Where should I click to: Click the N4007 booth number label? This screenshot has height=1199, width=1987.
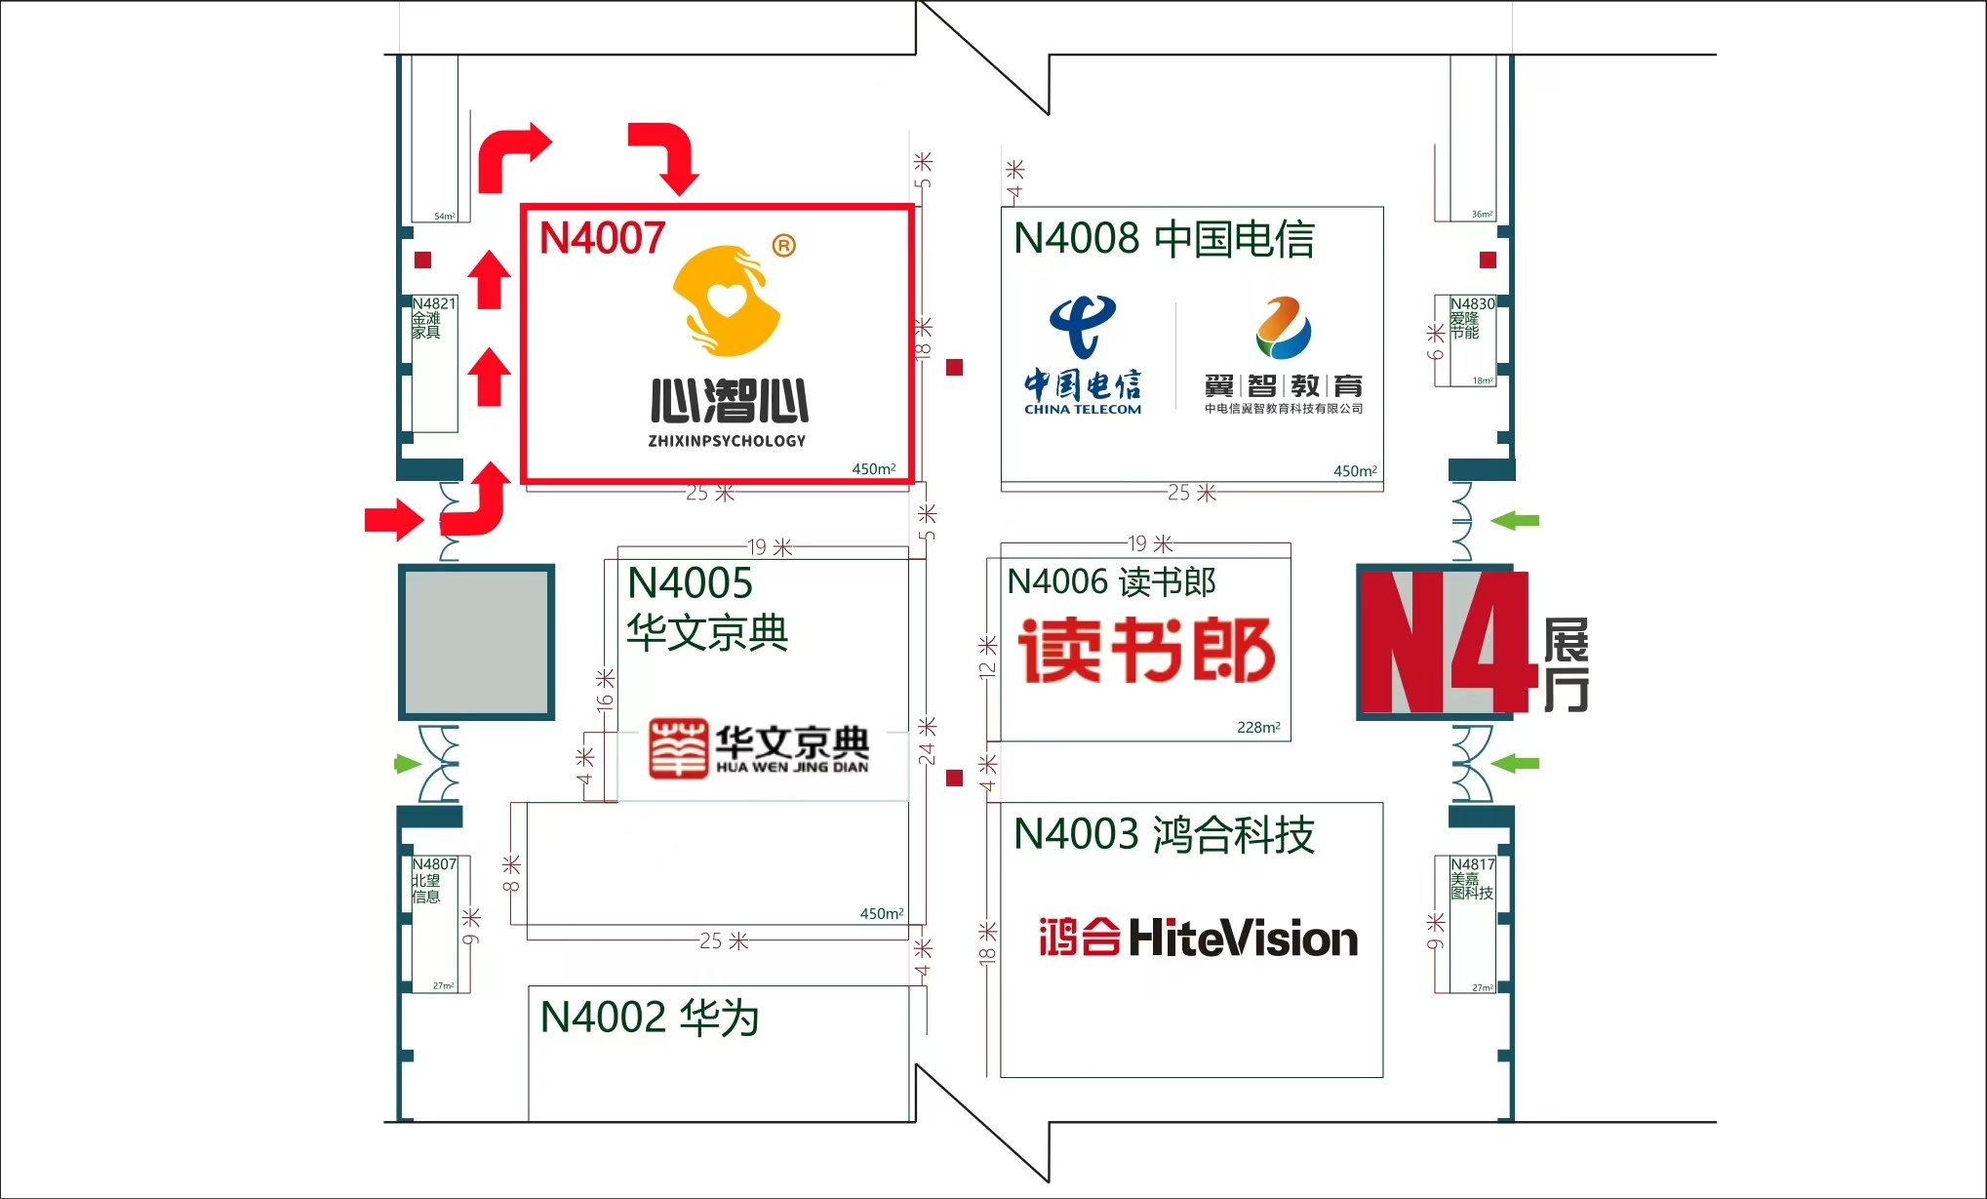click(602, 239)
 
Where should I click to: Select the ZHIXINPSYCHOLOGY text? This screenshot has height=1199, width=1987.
click(727, 441)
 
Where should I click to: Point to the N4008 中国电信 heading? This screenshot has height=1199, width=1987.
click(1164, 239)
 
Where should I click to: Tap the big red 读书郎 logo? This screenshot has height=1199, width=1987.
click(1146, 650)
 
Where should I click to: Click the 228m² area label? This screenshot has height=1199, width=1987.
click(1258, 727)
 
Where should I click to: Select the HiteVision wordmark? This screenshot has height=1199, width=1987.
click(1243, 938)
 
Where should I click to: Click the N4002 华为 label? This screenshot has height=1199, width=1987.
click(650, 1018)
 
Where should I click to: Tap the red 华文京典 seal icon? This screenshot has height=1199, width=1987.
click(678, 748)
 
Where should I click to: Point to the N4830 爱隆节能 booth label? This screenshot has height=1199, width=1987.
click(1471, 318)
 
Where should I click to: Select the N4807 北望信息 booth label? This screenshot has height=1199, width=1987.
click(433, 880)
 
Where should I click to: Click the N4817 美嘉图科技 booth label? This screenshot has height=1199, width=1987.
click(1471, 878)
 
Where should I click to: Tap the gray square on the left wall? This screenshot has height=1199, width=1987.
click(476, 642)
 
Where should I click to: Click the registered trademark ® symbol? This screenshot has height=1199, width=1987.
click(783, 246)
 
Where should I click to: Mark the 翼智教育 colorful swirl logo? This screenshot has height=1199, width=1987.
click(1283, 329)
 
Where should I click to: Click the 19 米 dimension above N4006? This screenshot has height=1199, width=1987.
click(1150, 543)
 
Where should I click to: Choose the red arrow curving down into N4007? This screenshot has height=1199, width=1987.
click(666, 156)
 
